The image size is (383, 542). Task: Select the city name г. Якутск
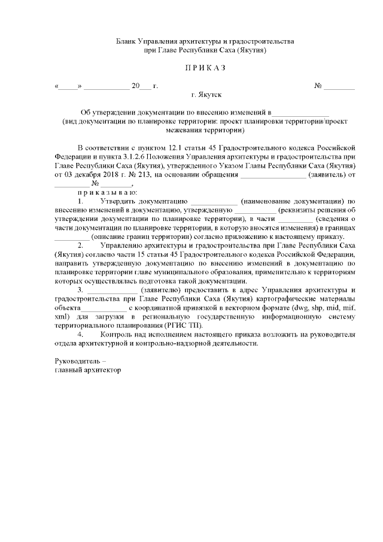[x=206, y=95]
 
